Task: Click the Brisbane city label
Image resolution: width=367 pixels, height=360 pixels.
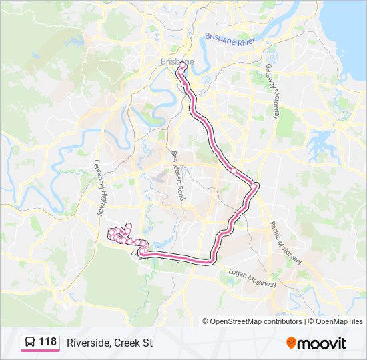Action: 176,61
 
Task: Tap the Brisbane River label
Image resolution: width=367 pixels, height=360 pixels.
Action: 230,39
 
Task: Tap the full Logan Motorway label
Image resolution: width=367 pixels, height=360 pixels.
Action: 252,278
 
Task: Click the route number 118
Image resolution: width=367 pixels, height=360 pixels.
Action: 47,342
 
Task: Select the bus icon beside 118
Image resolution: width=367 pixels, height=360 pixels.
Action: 30,343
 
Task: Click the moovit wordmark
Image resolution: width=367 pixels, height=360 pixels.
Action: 322,343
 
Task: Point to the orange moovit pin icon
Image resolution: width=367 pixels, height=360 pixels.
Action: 291,343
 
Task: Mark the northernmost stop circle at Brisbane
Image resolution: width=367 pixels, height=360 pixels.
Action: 181,65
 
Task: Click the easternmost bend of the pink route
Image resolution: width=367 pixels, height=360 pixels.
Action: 256,185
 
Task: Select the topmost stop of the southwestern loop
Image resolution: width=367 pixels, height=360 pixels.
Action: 129,225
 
